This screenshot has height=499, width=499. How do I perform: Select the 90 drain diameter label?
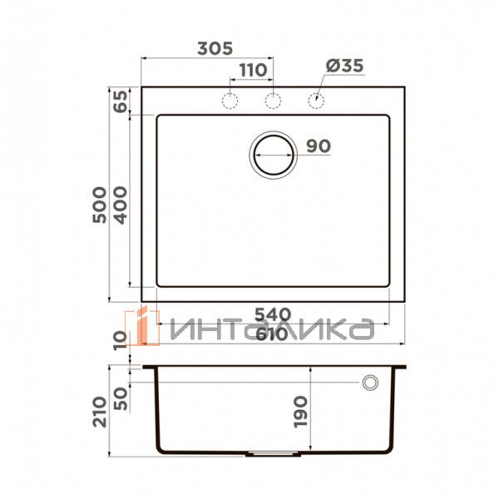pos(319,146)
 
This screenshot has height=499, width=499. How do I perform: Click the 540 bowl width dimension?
pos(271,314)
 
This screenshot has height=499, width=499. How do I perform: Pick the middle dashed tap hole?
pos(273,101)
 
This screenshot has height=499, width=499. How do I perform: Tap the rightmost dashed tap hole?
pos(316,101)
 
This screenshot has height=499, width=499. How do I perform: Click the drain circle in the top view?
pos(273,154)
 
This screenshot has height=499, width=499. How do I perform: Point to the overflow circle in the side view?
pos(370,382)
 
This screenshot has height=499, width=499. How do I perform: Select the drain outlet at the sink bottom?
pos(273,454)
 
